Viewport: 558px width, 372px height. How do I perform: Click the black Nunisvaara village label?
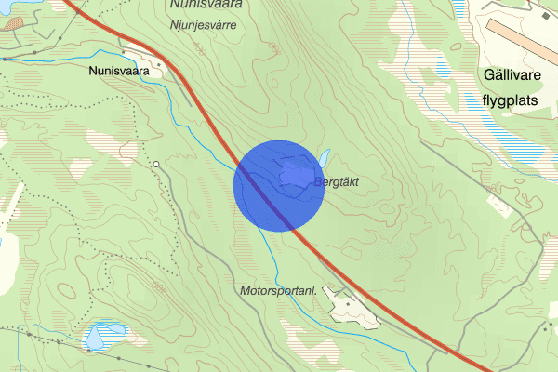(119, 70)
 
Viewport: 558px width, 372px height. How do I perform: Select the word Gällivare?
(518, 75)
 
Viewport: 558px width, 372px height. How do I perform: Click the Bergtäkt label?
(342, 180)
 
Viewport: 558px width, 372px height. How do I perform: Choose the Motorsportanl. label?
(278, 291)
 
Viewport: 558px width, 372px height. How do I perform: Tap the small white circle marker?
(157, 165)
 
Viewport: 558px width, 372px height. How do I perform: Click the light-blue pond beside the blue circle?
(325, 154)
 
